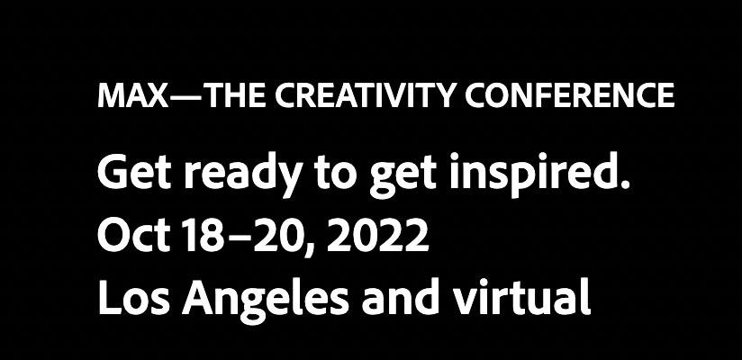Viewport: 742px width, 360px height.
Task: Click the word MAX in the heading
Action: coord(132,95)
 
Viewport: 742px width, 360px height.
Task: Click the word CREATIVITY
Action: coord(365,95)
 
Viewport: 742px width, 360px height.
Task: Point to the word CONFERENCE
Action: coord(569,95)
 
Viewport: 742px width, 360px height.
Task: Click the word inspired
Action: coord(533,175)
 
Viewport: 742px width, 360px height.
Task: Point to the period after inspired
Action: coord(625,184)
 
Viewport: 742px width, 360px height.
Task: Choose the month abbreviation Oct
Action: coord(134,235)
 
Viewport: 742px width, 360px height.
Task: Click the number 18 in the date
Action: coord(203,235)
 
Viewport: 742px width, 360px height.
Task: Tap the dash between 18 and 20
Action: coord(238,238)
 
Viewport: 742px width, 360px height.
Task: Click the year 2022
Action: coord(377,235)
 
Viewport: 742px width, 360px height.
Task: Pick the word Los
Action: coord(133,298)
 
